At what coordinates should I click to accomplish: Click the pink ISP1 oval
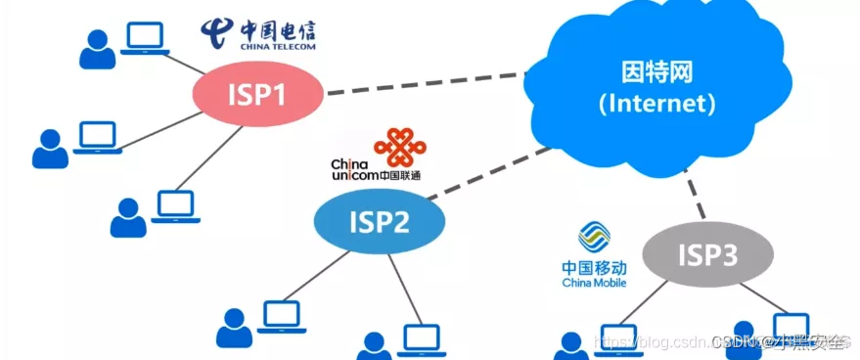tap(257, 96)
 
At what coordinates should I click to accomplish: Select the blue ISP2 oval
tap(379, 223)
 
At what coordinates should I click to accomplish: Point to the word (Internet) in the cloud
tap(654, 102)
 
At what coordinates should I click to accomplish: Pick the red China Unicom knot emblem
tap(400, 146)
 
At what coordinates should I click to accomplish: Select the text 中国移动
tap(594, 267)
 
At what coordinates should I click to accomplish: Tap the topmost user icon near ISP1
tap(96, 50)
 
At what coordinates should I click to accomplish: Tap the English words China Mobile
tap(594, 283)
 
